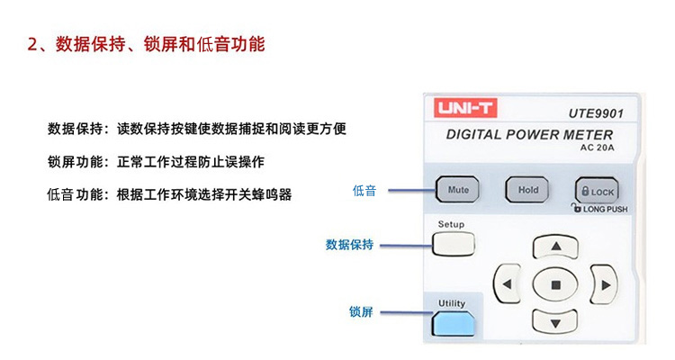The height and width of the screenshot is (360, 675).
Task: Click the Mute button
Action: pyautogui.click(x=458, y=191)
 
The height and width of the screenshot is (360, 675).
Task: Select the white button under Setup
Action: pyautogui.click(x=452, y=243)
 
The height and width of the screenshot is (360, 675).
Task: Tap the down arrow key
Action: pyautogui.click(x=555, y=321)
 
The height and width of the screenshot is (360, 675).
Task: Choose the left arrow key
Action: pyautogui.click(x=508, y=284)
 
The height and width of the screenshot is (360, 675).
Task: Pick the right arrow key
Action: pyautogui.click(x=603, y=284)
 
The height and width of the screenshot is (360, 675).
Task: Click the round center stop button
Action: pyautogui.click(x=555, y=284)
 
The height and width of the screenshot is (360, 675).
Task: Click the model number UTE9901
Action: pyautogui.click(x=596, y=114)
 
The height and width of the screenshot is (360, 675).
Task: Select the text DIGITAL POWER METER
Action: pyautogui.click(x=529, y=135)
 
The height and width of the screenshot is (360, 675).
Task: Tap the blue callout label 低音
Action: pyautogui.click(x=364, y=191)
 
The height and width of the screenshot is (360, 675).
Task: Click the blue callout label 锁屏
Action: pyautogui.click(x=360, y=312)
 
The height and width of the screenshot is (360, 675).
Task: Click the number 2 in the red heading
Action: pyautogui.click(x=31, y=44)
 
